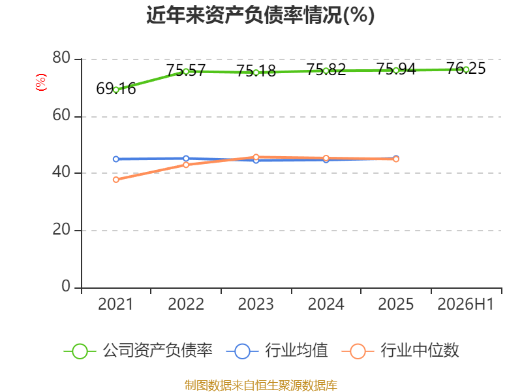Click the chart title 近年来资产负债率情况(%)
[260, 15]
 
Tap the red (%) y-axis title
[41, 82]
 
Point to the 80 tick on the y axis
[61, 57]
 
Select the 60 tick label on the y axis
[61, 116]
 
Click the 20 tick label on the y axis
[61, 229]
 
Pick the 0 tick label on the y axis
[66, 286]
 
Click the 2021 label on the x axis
[115, 304]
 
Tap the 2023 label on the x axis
[256, 304]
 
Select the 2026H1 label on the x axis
[465, 304]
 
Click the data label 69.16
[116, 89]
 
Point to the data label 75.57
[186, 71]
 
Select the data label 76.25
[466, 69]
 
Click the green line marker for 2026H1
[466, 70]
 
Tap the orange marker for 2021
[116, 180]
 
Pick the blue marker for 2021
[116, 159]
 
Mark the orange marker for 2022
[186, 165]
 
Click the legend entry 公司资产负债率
[138, 351]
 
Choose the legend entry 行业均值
[277, 351]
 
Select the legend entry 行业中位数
[401, 351]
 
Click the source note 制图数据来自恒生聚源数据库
[260, 385]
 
